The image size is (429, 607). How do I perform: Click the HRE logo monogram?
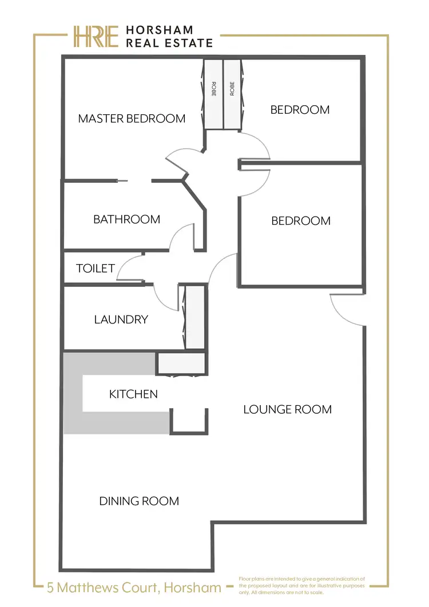click(96, 36)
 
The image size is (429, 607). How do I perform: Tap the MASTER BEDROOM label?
click(132, 119)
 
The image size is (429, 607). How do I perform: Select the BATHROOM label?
click(126, 219)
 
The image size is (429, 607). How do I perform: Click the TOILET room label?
click(96, 268)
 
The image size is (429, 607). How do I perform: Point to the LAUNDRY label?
click(121, 320)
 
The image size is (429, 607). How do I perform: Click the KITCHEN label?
click(133, 394)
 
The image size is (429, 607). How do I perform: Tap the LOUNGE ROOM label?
click(287, 409)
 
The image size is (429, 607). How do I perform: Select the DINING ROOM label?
click(139, 501)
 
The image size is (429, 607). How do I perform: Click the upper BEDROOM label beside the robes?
click(300, 110)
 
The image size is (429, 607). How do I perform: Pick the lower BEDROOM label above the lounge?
click(300, 221)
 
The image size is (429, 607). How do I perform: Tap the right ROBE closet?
click(232, 94)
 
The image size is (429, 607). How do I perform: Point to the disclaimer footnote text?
click(302, 586)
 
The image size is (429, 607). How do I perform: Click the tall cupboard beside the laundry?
click(195, 317)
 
